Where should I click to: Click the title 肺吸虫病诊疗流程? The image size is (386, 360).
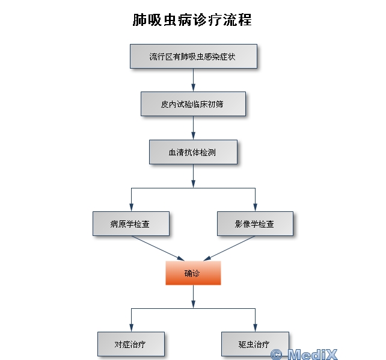tap(192, 20)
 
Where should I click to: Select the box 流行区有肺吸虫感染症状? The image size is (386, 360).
tap(193, 57)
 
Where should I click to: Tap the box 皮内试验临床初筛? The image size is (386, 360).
tap(193, 104)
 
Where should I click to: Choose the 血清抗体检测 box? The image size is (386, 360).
tap(193, 152)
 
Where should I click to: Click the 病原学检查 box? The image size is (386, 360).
tap(130, 223)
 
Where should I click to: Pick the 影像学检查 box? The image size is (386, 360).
tap(255, 223)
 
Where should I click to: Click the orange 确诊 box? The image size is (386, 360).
tap(193, 273)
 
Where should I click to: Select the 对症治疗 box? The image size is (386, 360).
tap(130, 344)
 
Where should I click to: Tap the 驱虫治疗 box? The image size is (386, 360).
tap(255, 344)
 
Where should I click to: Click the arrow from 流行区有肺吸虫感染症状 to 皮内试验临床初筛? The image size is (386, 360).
tap(193, 79)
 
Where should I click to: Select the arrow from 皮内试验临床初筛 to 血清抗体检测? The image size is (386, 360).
tap(193, 128)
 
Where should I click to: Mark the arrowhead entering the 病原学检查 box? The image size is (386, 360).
tap(131, 207)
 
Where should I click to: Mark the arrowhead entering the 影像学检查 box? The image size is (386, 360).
tap(255, 207)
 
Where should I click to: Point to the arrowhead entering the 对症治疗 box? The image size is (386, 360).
tap(131, 327)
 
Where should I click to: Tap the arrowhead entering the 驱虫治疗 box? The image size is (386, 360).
tap(255, 327)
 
